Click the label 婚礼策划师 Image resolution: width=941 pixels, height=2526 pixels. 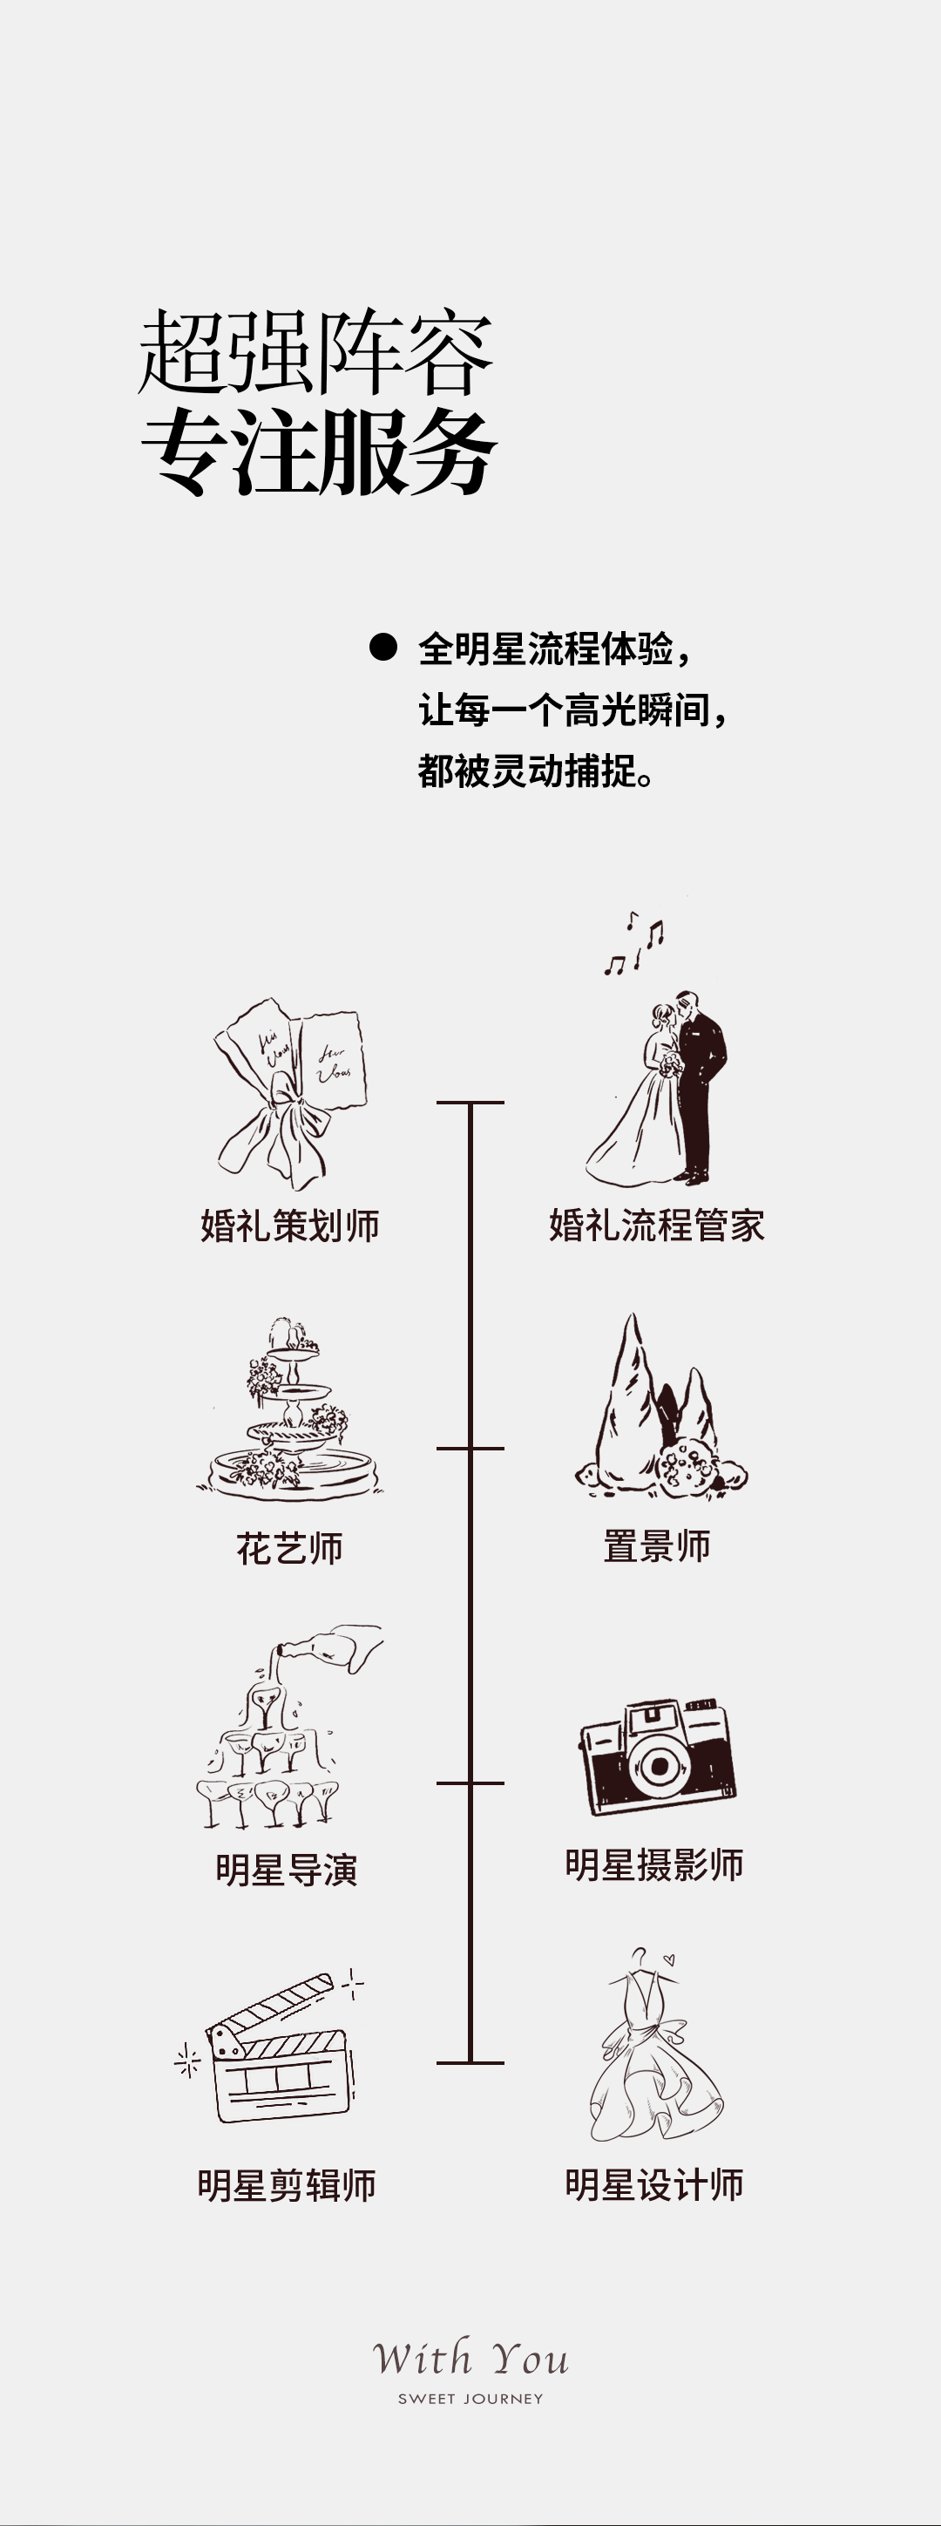point(289,1226)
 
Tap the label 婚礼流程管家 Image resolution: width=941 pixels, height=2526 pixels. point(656,1226)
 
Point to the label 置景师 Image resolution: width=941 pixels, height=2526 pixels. point(656,1546)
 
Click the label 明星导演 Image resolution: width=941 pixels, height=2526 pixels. point(286,1870)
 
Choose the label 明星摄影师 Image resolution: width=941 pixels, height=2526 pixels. point(653,1864)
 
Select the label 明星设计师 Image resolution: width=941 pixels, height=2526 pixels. point(653,2184)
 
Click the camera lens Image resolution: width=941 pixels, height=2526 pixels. point(659,1767)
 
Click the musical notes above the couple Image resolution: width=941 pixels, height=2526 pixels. point(634,944)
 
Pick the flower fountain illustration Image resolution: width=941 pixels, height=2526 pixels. point(289,1412)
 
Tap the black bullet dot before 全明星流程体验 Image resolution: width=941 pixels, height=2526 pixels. point(382,647)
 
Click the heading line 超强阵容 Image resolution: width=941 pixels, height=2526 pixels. point(315,353)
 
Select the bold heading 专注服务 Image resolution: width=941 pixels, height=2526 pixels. point(319,452)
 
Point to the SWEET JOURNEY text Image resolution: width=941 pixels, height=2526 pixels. point(470,2399)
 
